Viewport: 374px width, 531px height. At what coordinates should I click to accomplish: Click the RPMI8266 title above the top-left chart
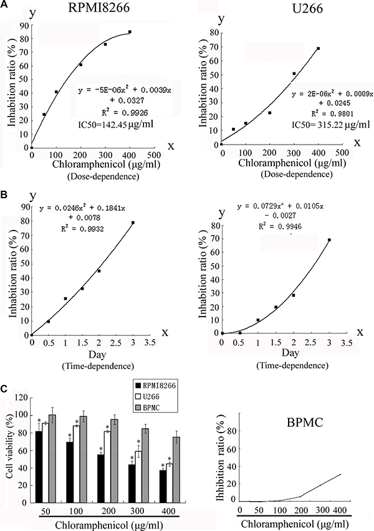[x=95, y=9]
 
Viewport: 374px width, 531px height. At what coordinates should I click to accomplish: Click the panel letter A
[x=4, y=4]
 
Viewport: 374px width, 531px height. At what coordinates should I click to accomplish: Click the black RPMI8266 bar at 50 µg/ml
[x=39, y=471]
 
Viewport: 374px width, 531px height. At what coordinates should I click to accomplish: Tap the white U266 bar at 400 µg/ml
[x=170, y=479]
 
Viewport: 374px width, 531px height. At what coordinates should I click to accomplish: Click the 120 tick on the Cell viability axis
[x=21, y=397]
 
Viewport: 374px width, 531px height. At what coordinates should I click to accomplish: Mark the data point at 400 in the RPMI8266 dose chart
[x=130, y=32]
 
